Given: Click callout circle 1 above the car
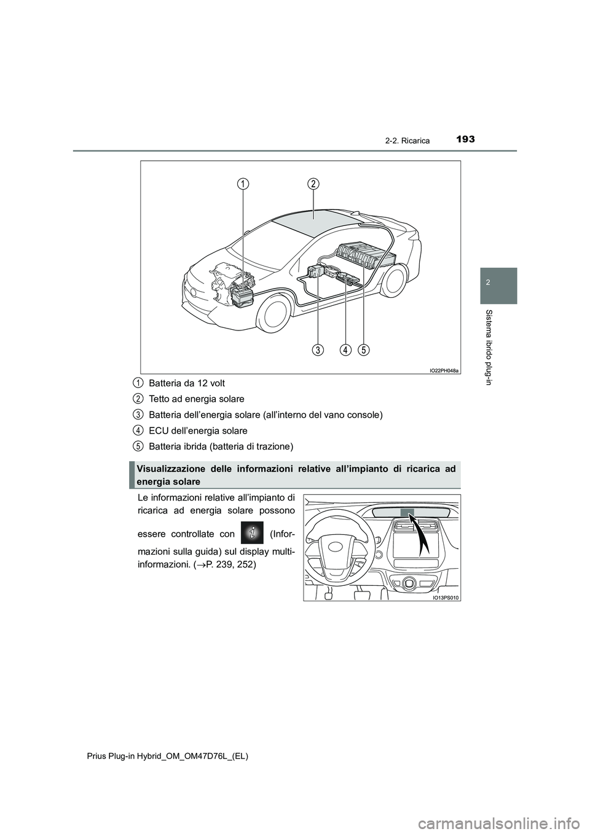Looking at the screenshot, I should (244, 184).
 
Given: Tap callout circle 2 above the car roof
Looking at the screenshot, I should (313, 184).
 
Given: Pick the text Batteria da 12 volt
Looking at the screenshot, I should (187, 383).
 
